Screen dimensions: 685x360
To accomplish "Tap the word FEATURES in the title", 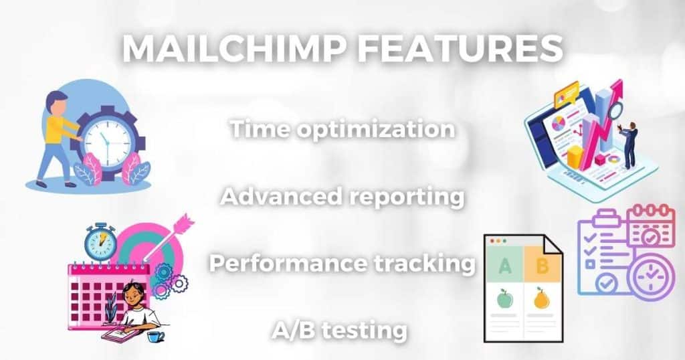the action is pos(460,48).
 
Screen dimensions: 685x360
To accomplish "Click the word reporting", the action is pos(406,198).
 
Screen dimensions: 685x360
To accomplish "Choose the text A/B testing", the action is pos(339,331).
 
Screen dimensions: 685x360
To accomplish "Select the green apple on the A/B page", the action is pos(504,299).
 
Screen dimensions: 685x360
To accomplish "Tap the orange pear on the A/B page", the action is pos(542,298).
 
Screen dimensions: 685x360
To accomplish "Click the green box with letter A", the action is pos(504,265).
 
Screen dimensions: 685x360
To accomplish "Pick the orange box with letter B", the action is pos(542,264).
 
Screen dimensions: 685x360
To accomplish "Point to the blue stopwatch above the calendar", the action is pos(101,242).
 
